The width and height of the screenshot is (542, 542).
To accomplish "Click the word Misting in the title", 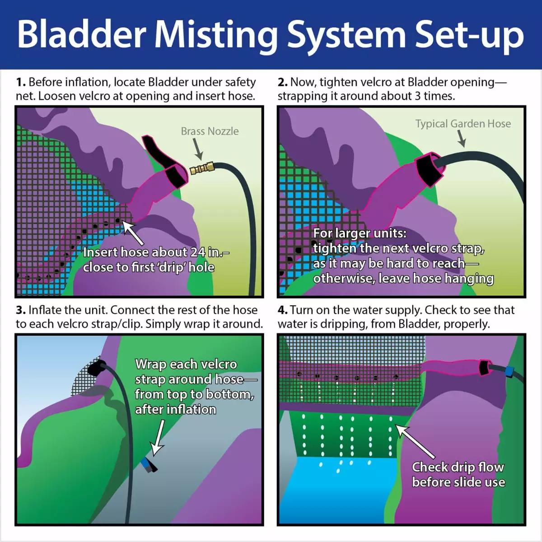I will click(x=217, y=35).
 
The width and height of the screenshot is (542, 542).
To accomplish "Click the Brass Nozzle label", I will click(x=210, y=131).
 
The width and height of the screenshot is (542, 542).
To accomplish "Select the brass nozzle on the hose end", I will click(x=199, y=169).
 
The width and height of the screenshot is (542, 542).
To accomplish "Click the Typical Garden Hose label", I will click(x=463, y=124).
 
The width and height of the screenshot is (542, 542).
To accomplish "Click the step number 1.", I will click(x=20, y=83).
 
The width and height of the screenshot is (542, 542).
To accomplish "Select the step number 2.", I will click(x=282, y=83).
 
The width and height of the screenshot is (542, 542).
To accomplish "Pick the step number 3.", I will click(x=20, y=310).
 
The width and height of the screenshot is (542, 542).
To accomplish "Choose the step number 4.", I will click(x=282, y=310).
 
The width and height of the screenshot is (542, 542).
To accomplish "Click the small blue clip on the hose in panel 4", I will click(x=509, y=371).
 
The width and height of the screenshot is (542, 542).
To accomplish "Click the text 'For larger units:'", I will click(x=360, y=234).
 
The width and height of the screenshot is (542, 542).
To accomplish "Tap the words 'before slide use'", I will click(x=458, y=482).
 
